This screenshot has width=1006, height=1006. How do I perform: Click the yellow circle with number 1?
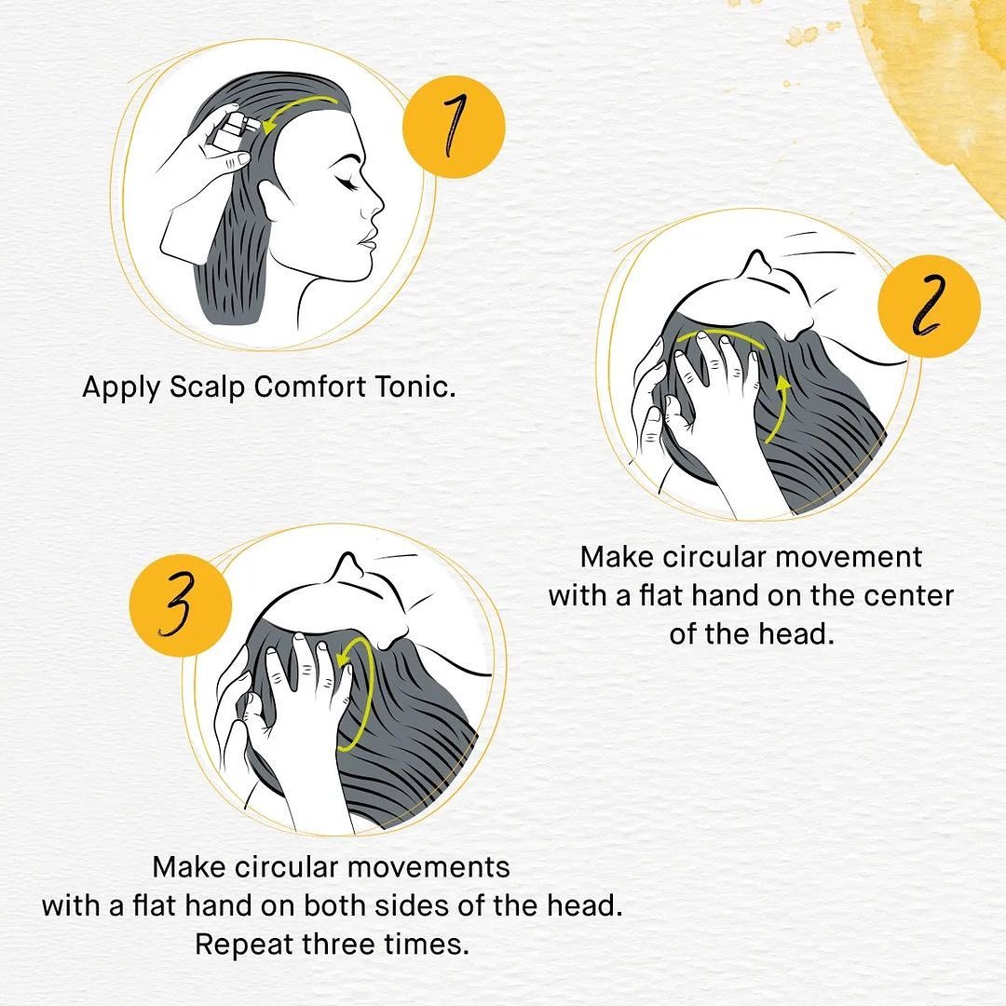pyautogui.click(x=454, y=127)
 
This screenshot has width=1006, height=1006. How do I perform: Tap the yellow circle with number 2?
pyautogui.click(x=929, y=306)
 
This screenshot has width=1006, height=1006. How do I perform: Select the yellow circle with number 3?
pyautogui.click(x=181, y=605)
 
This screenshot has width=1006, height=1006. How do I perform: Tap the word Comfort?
pyautogui.click(x=309, y=387)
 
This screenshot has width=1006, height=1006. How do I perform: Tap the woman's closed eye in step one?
pyautogui.click(x=347, y=184)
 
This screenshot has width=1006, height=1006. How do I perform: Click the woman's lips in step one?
pyautogui.click(x=367, y=240)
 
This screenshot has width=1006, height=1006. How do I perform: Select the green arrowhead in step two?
pyautogui.click(x=782, y=384)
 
